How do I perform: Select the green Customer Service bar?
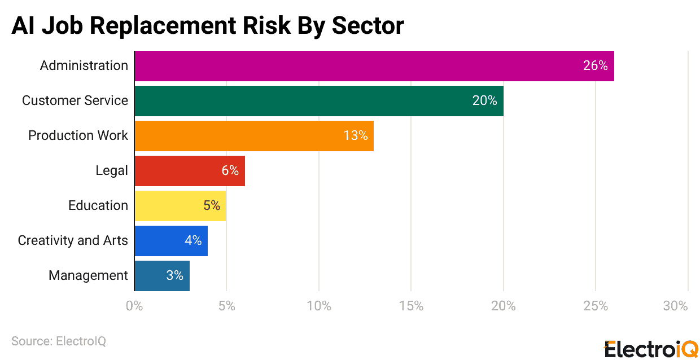point(318,101)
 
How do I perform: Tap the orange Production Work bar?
point(253,136)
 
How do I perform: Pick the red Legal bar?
point(189,171)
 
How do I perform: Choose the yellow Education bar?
point(180,206)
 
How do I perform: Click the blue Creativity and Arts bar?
point(170,241)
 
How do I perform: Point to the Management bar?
point(161,276)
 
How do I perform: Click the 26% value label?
point(595,66)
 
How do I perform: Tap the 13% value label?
point(356,136)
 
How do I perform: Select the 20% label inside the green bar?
point(484,101)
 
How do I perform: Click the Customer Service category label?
point(75,101)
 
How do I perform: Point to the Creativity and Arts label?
point(73,241)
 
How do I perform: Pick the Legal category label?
point(112,171)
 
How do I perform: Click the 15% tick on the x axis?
point(411,306)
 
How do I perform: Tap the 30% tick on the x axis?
point(676,306)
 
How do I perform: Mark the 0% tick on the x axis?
point(134,306)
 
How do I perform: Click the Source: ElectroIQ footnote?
point(59,341)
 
